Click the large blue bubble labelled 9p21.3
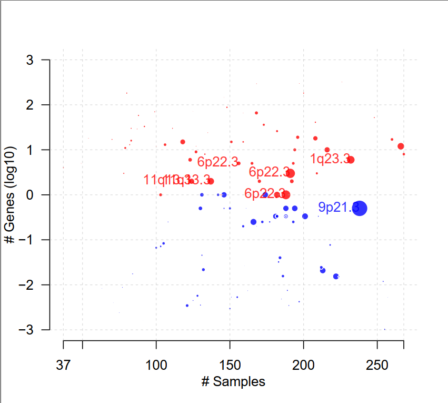[360, 208]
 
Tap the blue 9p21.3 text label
[339, 208]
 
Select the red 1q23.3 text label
[330, 159]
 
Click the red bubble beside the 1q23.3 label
[351, 160]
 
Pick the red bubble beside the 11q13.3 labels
[211, 181]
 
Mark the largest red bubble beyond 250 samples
[401, 146]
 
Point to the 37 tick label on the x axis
[63, 365]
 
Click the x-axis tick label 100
[156, 365]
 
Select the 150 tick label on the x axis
[230, 365]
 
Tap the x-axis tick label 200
[303, 365]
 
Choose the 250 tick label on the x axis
[377, 365]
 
